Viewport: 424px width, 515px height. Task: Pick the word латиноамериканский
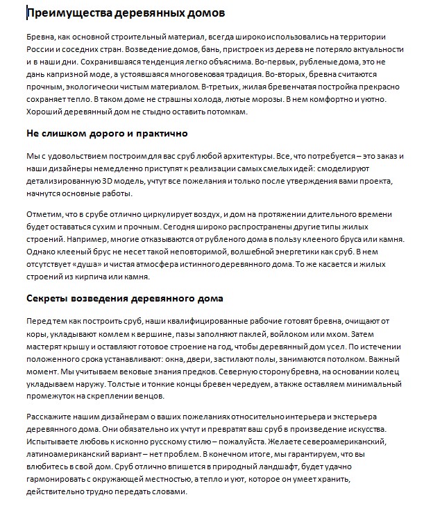coord(68,455)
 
